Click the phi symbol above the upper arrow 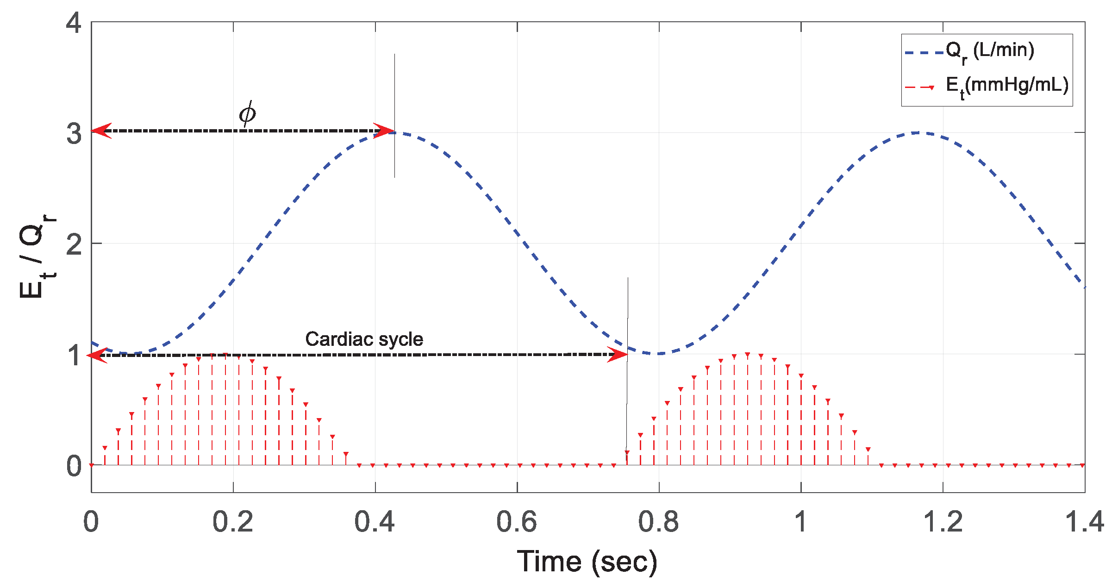point(247,113)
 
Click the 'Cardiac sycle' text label point(364,339)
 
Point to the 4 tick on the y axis point(74,22)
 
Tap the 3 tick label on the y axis point(74,133)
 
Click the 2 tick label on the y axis point(74,244)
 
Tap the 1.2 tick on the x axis point(942,522)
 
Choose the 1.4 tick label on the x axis point(1084,522)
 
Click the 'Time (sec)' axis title point(587,562)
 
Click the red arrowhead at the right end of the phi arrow point(384,131)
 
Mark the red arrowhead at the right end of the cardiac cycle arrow point(618,355)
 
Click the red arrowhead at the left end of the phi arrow point(101,131)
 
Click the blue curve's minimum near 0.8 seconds point(657,354)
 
